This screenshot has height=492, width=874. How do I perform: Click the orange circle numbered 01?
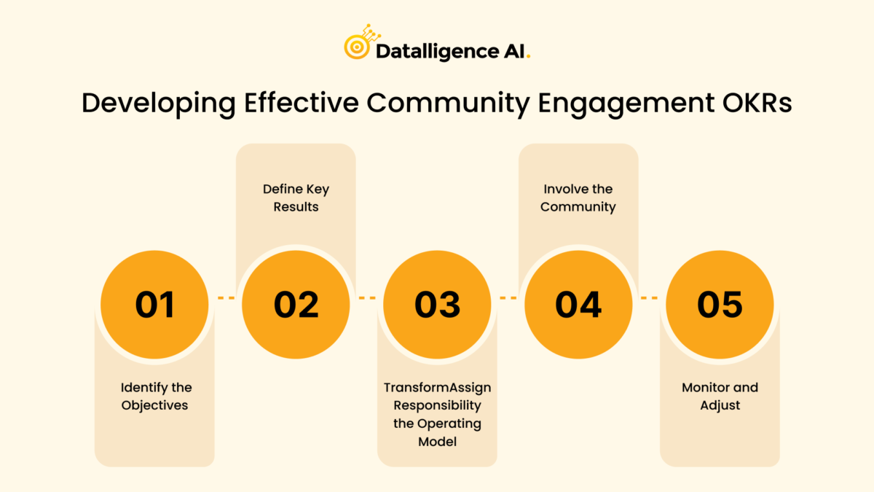[x=155, y=303]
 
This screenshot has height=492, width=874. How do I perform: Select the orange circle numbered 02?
[x=296, y=303]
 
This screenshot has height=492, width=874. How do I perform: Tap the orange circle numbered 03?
[x=437, y=303]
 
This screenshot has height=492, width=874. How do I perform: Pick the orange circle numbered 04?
[x=578, y=303]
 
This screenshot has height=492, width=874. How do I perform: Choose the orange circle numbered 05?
[x=720, y=303]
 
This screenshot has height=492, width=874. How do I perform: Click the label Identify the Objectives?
[x=156, y=396]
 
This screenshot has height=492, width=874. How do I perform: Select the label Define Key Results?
[x=296, y=198]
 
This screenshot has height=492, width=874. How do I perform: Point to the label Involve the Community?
[x=578, y=198]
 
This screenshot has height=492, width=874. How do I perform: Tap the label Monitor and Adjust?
[x=720, y=396]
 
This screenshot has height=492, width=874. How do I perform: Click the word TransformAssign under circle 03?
[x=437, y=387]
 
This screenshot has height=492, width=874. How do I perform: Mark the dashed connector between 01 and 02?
[x=226, y=298]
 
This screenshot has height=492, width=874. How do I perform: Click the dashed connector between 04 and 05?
[x=649, y=298]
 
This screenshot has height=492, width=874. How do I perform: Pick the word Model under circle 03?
[x=437, y=442]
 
